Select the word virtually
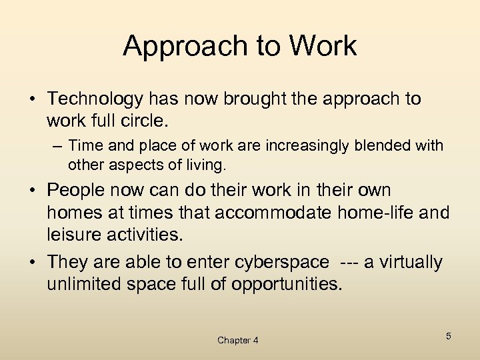tap(411, 263)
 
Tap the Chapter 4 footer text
tap(238, 341)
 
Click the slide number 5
tap(448, 336)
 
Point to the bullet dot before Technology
tap(33, 100)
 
